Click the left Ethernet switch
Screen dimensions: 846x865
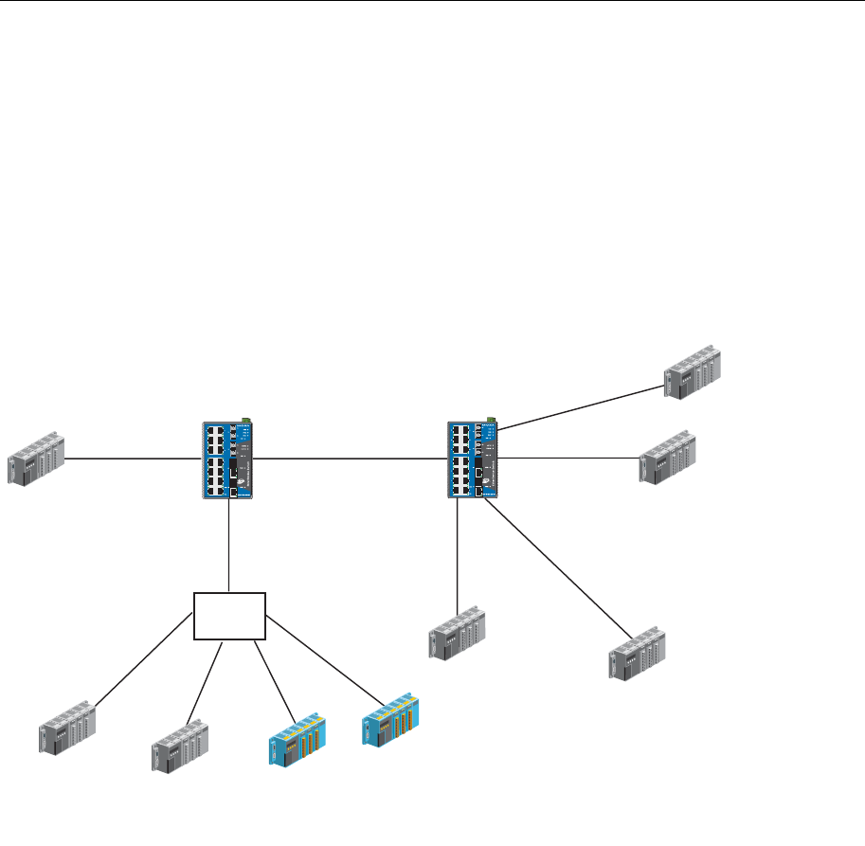(227, 459)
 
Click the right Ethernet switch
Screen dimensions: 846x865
(473, 459)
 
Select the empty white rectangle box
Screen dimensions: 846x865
(229, 617)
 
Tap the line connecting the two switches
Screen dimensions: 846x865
(351, 459)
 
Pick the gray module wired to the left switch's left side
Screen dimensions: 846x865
(36, 459)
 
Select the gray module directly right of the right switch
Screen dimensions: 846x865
(668, 459)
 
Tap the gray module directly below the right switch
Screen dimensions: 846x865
(457, 631)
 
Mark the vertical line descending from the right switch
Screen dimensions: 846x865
(458, 554)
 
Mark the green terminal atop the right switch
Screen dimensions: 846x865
(491, 419)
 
